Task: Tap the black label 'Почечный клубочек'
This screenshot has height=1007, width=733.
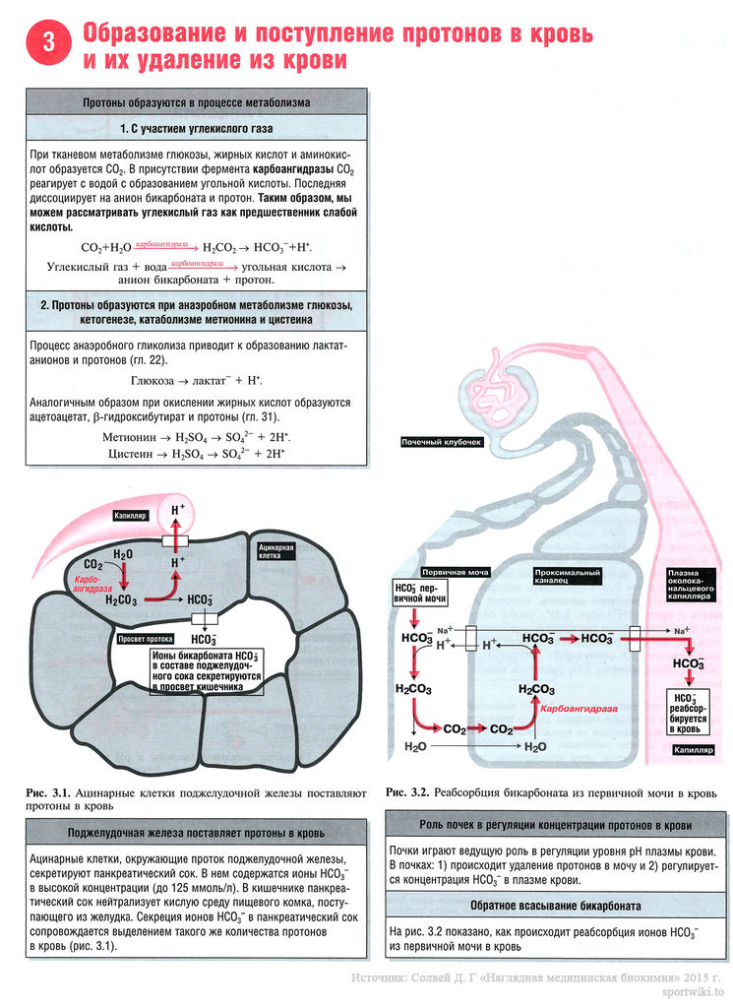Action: coord(442,443)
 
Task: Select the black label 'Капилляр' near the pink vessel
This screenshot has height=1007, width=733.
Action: coord(131,515)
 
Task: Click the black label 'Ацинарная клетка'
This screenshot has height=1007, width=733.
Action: coord(275,550)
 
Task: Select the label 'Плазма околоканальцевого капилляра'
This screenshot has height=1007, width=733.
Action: coord(696,585)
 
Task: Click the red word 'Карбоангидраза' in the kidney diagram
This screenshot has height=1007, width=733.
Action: coord(579,709)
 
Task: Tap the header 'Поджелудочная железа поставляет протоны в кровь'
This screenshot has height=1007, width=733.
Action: coord(197,832)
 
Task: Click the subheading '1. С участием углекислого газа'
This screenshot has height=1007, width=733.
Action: coord(197,129)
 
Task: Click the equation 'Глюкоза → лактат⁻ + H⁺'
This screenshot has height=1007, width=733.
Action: coord(197,380)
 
